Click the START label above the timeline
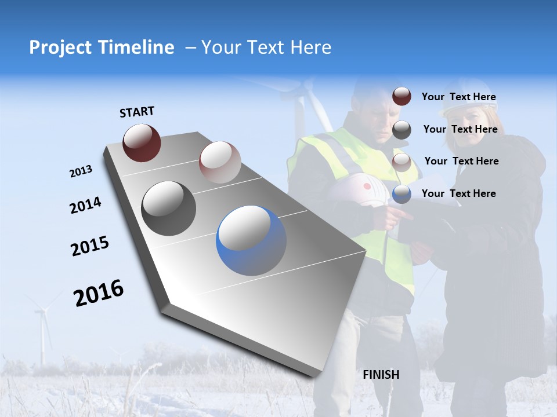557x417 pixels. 137,112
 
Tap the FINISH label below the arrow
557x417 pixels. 381,375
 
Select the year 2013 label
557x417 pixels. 81,171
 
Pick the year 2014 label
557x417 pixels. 85,205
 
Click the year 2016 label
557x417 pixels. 99,293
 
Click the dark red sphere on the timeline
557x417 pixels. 142,142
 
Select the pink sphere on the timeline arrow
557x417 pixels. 220,162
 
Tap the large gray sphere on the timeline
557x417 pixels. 168,209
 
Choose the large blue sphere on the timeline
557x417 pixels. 251,240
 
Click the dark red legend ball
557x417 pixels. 402,97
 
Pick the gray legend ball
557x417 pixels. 402,130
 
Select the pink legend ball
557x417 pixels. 402,162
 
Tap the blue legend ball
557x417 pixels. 402,194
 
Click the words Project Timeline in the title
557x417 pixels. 102,47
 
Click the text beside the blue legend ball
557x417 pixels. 458,193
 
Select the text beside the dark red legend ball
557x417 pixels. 458,97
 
